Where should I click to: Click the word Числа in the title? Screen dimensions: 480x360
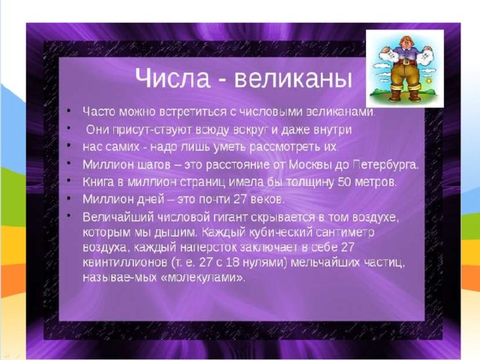[172, 78]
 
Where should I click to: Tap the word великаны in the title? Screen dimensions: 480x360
[293, 78]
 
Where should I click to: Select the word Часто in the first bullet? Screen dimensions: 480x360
[99, 112]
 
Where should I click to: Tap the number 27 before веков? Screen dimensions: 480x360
[240, 199]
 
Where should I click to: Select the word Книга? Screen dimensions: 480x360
[98, 182]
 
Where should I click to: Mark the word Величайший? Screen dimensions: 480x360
[118, 217]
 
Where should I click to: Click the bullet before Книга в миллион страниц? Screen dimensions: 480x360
[69, 181]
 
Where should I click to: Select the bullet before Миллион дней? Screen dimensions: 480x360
[69, 198]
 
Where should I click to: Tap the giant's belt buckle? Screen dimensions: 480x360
[406, 61]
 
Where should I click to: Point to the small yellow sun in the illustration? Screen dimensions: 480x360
[429, 82]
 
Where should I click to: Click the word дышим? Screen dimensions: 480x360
[175, 232]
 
